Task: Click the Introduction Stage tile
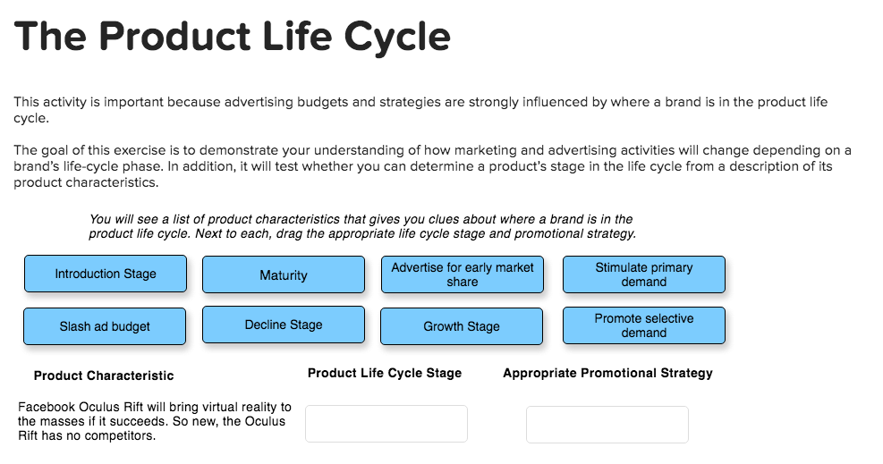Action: pyautogui.click(x=106, y=274)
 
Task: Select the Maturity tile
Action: pyautogui.click(x=284, y=275)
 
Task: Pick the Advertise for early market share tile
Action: pyautogui.click(x=463, y=274)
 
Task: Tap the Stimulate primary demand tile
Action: pyautogui.click(x=644, y=274)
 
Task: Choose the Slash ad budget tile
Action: pyautogui.click(x=105, y=326)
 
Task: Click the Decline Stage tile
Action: pyautogui.click(x=284, y=325)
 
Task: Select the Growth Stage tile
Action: pyautogui.click(x=462, y=326)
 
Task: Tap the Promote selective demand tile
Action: pyautogui.click(x=644, y=325)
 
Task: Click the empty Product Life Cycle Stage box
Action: pyautogui.click(x=386, y=424)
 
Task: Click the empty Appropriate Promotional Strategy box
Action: pyautogui.click(x=607, y=424)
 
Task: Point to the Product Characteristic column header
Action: pyautogui.click(x=104, y=375)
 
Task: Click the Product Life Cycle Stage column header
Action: pyautogui.click(x=385, y=373)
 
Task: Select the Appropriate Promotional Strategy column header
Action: pyautogui.click(x=607, y=373)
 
